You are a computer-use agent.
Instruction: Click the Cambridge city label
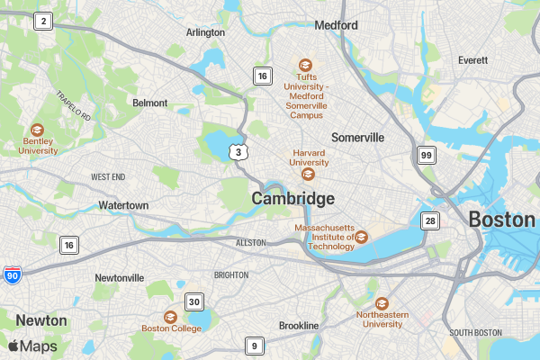point(292,198)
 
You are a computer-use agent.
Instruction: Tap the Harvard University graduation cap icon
point(308,174)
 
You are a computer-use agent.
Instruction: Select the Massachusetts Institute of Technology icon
point(361,237)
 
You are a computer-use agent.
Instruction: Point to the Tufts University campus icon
point(305,66)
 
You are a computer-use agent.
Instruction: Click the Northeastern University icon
point(382,304)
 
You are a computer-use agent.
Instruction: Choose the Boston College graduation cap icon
point(170,317)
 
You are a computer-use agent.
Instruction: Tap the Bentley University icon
point(37,130)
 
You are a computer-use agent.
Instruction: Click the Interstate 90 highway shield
point(12,274)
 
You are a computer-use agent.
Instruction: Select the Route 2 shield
point(41,22)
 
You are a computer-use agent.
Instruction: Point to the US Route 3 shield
point(238,151)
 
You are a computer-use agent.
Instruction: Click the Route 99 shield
point(427,156)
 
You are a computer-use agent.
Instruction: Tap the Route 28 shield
point(431,220)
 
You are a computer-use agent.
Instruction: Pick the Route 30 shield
point(193,301)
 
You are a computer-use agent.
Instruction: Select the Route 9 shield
point(255,345)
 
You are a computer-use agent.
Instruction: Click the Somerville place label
point(357,138)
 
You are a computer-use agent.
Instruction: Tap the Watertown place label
point(123,206)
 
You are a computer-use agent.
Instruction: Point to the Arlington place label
point(205,32)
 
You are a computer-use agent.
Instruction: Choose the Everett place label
point(472,60)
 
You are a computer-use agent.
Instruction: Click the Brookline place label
point(299,325)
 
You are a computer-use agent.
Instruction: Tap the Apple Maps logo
point(32,346)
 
